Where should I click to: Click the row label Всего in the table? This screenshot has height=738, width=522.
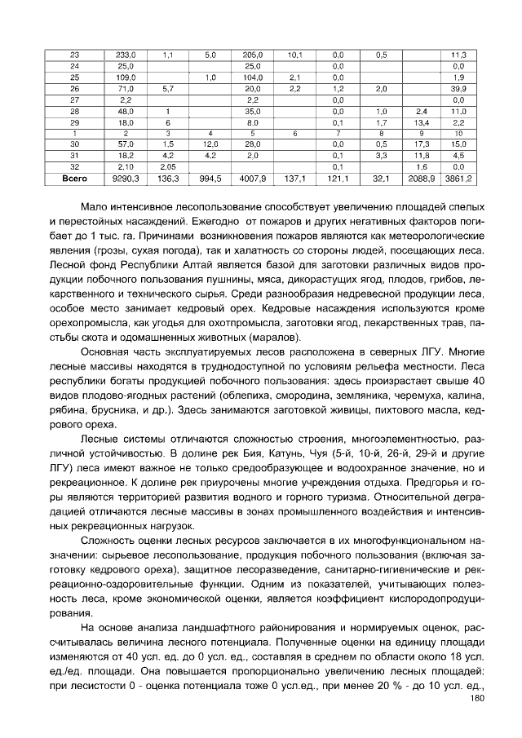74,176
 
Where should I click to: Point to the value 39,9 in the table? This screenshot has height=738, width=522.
458,87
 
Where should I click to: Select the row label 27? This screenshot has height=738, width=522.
74,99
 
